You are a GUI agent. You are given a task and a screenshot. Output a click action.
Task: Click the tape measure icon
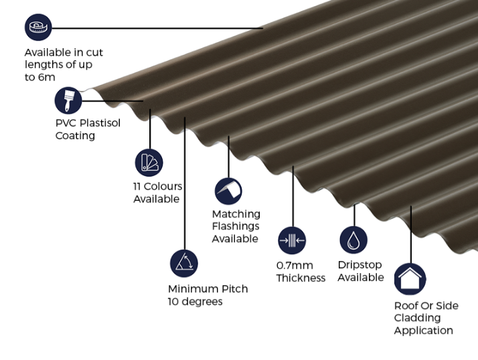[x=38, y=27]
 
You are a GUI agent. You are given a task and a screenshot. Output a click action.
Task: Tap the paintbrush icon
[x=68, y=100]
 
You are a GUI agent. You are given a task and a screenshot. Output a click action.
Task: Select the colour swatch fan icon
[x=149, y=163]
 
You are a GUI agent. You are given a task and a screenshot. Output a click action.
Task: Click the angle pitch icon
[x=184, y=264]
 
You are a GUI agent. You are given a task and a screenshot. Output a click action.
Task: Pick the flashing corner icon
[x=228, y=191]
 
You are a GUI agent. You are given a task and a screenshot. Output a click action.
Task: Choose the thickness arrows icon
[x=292, y=240]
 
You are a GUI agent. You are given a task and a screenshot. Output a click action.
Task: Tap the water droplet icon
[x=353, y=240]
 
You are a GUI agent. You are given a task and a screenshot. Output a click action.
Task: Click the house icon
[x=410, y=279]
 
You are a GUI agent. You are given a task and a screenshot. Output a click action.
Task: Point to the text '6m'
[x=47, y=78]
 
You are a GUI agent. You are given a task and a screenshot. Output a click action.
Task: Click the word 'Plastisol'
[x=100, y=123]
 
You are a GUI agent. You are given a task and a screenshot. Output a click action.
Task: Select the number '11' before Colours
[x=137, y=186]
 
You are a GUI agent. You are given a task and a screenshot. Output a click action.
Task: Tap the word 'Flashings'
[x=236, y=226]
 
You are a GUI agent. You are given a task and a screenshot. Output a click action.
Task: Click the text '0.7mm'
[x=295, y=266]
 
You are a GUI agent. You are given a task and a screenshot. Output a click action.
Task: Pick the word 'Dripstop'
[x=360, y=265]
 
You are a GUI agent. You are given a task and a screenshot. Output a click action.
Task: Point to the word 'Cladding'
[x=417, y=318]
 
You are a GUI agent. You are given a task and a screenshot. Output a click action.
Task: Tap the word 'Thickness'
[x=301, y=278]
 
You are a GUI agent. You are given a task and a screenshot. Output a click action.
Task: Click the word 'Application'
[x=423, y=331]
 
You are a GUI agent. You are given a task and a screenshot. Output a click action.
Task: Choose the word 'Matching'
[x=236, y=214]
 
